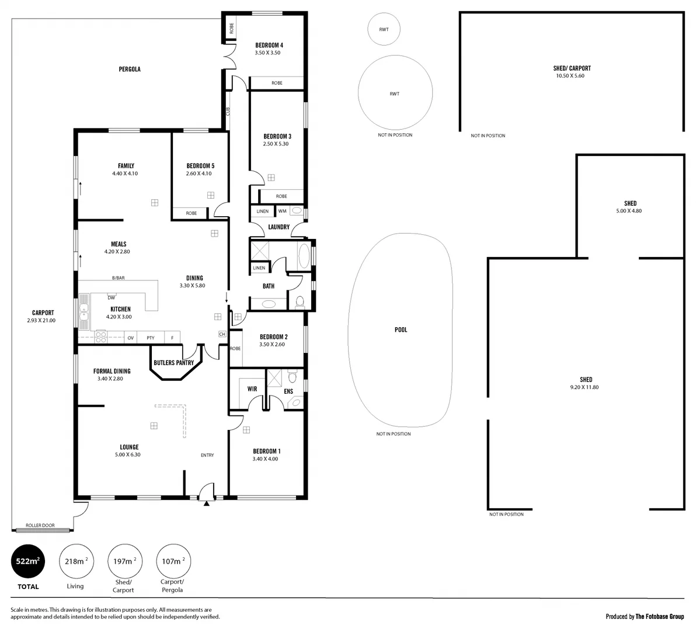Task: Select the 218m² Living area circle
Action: point(75,561)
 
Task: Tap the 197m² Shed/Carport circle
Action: point(124,561)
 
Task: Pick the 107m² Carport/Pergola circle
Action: point(172,561)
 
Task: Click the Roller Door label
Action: point(41,525)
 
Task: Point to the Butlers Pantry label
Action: point(173,363)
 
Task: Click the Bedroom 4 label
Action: point(269,45)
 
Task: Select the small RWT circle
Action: point(384,29)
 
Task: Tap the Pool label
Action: point(401,330)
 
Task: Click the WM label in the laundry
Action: point(282,211)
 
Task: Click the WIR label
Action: point(252,389)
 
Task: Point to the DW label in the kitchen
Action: point(111,297)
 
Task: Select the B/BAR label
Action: point(119,278)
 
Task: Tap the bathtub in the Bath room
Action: point(304,256)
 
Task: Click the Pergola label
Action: point(130,69)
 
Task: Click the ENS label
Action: point(288,391)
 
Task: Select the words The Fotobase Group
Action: point(660,616)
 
